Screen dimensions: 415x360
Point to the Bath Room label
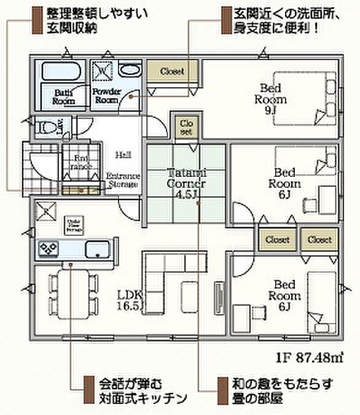tap(63, 96)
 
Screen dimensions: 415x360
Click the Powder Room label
tap(105, 95)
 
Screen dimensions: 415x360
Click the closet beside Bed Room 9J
tap(173, 72)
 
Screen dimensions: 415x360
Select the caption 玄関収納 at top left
tap(68, 28)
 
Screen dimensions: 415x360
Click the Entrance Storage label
tap(123, 180)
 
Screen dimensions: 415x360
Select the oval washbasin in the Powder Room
tap(130, 70)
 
